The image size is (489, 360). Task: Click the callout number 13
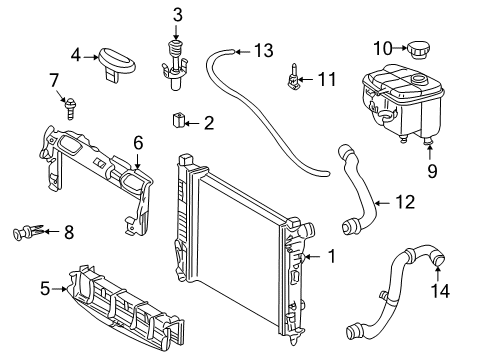(264, 51)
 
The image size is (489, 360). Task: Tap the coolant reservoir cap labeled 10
(418, 50)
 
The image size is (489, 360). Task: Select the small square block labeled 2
(178, 121)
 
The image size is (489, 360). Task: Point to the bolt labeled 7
(70, 107)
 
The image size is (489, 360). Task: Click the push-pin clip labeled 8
(27, 231)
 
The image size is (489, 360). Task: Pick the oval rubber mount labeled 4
(117, 64)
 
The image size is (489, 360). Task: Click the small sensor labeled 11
(293, 78)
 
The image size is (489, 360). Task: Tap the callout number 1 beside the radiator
(331, 256)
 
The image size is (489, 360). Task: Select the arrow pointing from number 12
(384, 202)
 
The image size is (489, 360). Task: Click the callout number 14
(440, 290)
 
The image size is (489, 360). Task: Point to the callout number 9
(432, 171)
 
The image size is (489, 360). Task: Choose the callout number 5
(45, 288)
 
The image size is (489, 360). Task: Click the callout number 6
(138, 142)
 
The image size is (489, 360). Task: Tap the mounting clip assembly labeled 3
(174, 66)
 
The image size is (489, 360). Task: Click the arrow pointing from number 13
(243, 52)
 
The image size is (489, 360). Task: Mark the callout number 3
(178, 15)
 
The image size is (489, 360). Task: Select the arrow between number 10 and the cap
(399, 48)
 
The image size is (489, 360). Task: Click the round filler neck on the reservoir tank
(418, 79)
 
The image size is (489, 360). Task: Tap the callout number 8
(69, 232)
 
